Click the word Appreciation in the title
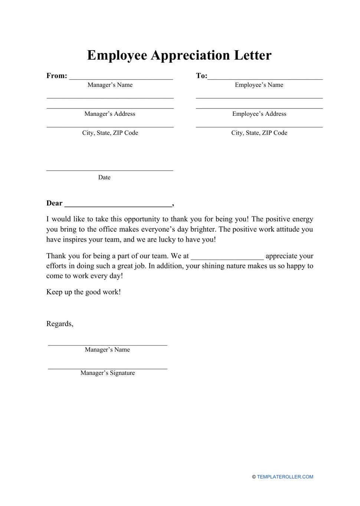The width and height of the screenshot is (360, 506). (x=190, y=55)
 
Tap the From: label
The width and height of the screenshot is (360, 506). (x=57, y=76)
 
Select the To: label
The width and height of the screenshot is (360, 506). (x=202, y=76)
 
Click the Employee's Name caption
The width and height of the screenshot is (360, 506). (x=259, y=85)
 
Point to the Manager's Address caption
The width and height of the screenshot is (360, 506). (x=110, y=114)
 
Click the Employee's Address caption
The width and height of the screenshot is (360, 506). (x=259, y=114)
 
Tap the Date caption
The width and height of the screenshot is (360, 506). (x=104, y=177)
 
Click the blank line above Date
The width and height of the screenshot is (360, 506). (x=110, y=170)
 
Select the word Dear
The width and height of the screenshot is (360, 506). (x=54, y=203)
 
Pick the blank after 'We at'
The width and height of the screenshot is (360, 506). (x=227, y=258)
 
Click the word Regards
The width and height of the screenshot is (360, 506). (x=59, y=324)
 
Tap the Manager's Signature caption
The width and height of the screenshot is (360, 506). (x=108, y=373)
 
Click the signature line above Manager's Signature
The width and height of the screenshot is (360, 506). (x=108, y=369)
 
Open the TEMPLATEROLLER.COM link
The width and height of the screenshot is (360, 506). (x=285, y=477)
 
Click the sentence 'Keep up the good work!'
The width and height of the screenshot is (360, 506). (x=84, y=292)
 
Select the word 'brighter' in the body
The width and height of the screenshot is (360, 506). (x=203, y=229)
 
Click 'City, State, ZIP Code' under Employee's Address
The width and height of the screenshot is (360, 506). (x=259, y=133)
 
